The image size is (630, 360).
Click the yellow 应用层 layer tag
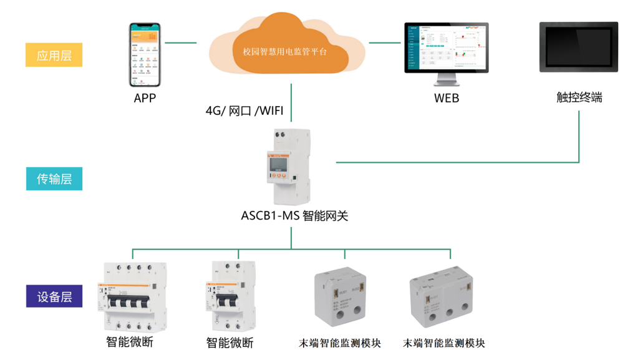tap(54, 55)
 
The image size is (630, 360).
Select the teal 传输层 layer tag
tap(54, 179)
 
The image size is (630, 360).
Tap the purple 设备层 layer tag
tap(54, 296)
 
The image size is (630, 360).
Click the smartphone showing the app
tap(145, 56)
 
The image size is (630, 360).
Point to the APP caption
tap(145, 98)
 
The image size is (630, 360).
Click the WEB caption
tap(447, 98)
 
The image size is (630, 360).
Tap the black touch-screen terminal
tap(578, 47)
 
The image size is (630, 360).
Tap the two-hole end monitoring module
tap(343, 299)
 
